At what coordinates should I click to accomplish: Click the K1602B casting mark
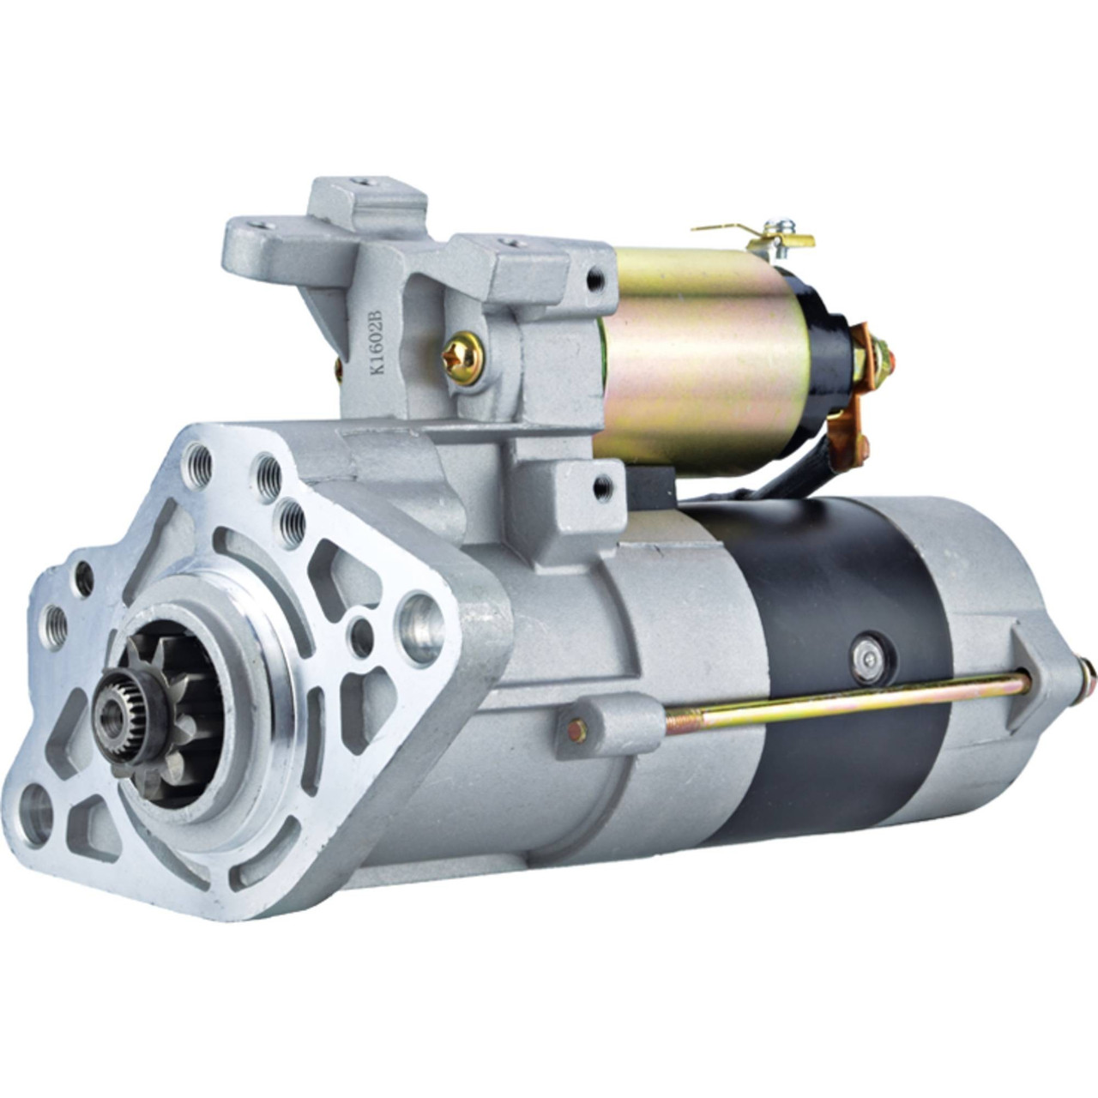(377, 342)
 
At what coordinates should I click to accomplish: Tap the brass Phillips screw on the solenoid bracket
(462, 358)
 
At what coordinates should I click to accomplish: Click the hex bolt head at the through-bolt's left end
(576, 731)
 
